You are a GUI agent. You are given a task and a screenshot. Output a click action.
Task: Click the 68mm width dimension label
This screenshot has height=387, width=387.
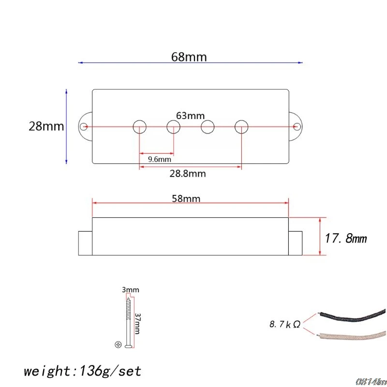[x=189, y=57]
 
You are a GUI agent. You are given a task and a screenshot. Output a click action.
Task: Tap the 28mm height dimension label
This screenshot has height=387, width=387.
[x=46, y=126]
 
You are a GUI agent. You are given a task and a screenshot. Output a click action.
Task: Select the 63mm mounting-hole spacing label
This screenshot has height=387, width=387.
[x=190, y=116]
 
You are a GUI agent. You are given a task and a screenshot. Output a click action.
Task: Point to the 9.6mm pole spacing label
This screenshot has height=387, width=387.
[x=160, y=159]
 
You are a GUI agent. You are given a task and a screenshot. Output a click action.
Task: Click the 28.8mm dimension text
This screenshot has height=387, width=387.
[x=188, y=174]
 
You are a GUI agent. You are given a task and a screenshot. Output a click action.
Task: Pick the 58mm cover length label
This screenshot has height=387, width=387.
[x=186, y=199]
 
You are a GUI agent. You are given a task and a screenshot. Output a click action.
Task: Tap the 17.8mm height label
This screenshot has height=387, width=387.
[x=345, y=238]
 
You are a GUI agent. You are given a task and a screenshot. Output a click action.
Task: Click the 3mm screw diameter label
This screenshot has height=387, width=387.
[x=131, y=290]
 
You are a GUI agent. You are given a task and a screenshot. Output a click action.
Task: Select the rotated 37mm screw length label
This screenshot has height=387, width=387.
[x=137, y=324]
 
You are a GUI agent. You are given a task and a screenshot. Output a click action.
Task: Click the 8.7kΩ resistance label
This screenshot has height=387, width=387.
[x=285, y=324]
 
